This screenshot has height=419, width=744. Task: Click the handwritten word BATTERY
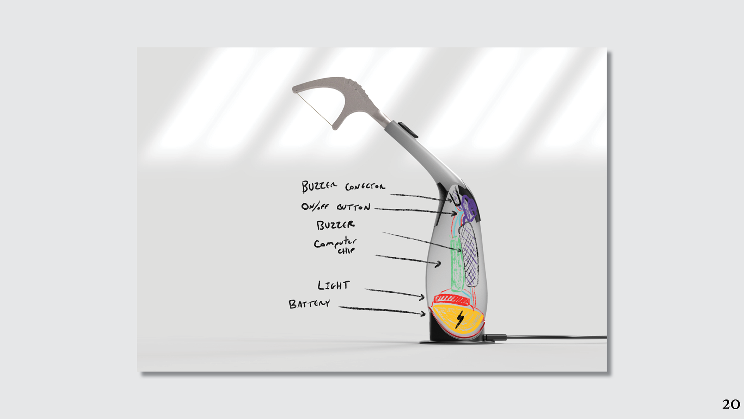pyautogui.click(x=309, y=303)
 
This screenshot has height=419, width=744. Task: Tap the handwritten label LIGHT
pyautogui.click(x=333, y=286)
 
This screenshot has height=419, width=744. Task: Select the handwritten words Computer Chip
pyautogui.click(x=335, y=245)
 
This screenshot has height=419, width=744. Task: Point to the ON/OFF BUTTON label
pyautogui.click(x=336, y=206)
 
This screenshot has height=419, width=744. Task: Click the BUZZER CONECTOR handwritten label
pyautogui.click(x=343, y=186)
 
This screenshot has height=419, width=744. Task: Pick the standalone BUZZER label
pyautogui.click(x=335, y=225)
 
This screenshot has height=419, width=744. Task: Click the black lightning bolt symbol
pyautogui.click(x=460, y=319)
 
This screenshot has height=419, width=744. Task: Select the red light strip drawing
pyautogui.click(x=451, y=299)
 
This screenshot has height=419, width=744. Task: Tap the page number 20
pyautogui.click(x=731, y=404)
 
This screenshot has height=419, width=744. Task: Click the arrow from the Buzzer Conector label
pyautogui.click(x=420, y=197)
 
